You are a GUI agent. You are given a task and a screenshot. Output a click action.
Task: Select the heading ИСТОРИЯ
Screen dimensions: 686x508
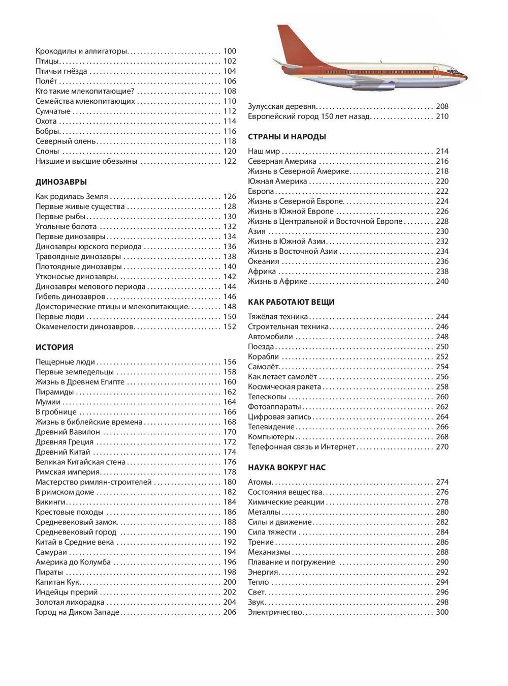54,347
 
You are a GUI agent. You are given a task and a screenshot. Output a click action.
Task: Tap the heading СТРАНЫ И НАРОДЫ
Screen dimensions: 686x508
287,137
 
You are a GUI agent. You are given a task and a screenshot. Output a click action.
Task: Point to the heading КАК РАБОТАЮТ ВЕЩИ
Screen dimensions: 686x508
291,302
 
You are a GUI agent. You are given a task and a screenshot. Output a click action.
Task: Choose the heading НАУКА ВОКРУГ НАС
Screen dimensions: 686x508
287,467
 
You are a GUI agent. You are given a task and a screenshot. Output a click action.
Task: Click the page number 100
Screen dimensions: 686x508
230,51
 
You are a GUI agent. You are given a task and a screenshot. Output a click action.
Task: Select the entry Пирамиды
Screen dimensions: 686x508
54,392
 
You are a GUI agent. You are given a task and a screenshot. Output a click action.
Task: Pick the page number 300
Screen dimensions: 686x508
442,612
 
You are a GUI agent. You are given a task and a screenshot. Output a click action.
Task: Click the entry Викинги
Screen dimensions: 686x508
51,502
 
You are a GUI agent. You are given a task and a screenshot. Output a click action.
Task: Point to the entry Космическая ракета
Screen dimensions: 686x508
284,387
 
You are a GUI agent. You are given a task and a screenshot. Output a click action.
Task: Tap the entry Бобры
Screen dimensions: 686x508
47,131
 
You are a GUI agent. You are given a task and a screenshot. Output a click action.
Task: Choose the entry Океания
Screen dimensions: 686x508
263,261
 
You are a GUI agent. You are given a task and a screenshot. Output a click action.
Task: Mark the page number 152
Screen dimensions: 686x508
230,327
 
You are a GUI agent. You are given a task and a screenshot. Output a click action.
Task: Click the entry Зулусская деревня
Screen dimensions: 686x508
282,106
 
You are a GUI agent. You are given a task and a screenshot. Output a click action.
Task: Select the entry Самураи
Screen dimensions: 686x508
51,552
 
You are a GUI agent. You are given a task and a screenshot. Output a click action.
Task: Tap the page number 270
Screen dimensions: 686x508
442,447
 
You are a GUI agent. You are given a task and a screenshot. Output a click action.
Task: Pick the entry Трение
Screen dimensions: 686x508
261,542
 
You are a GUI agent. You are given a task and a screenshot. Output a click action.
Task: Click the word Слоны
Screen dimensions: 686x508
47,152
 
